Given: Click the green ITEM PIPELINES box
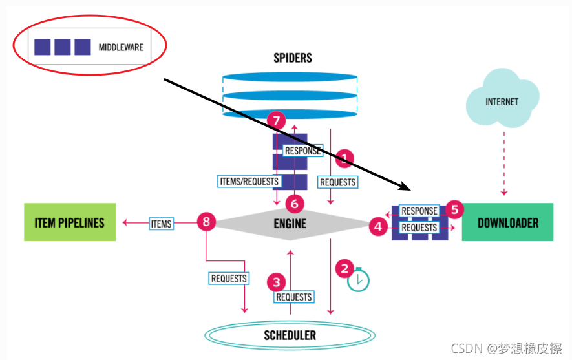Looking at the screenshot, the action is pyautogui.click(x=70, y=222).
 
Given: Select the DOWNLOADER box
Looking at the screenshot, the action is pyautogui.click(x=507, y=222).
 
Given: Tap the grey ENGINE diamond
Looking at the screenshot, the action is pyautogui.click(x=290, y=224).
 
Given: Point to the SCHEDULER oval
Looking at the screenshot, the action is pyautogui.click(x=290, y=335).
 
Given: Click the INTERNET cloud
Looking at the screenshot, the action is pyautogui.click(x=502, y=99).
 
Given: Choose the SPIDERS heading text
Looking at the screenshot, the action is pyautogui.click(x=293, y=58).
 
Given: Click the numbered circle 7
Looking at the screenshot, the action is pyautogui.click(x=276, y=120).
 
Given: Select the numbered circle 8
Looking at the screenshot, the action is pyautogui.click(x=206, y=222).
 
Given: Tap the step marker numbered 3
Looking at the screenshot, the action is pyautogui.click(x=276, y=282).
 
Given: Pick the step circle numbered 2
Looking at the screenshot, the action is pyautogui.click(x=344, y=269).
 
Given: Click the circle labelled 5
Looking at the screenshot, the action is pyautogui.click(x=454, y=209).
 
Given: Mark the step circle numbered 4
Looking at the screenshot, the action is pyautogui.click(x=378, y=226).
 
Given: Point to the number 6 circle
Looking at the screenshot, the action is pyautogui.click(x=295, y=204).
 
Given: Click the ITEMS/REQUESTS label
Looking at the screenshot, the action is pyautogui.click(x=249, y=181).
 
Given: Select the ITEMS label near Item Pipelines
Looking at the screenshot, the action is pyautogui.click(x=161, y=224).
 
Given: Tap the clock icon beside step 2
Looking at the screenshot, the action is pyautogui.click(x=358, y=280).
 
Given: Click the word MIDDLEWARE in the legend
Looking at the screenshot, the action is pyautogui.click(x=121, y=47).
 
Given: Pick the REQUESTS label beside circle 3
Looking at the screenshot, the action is pyautogui.click(x=294, y=297).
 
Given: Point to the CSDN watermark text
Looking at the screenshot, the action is pyautogui.click(x=506, y=348).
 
